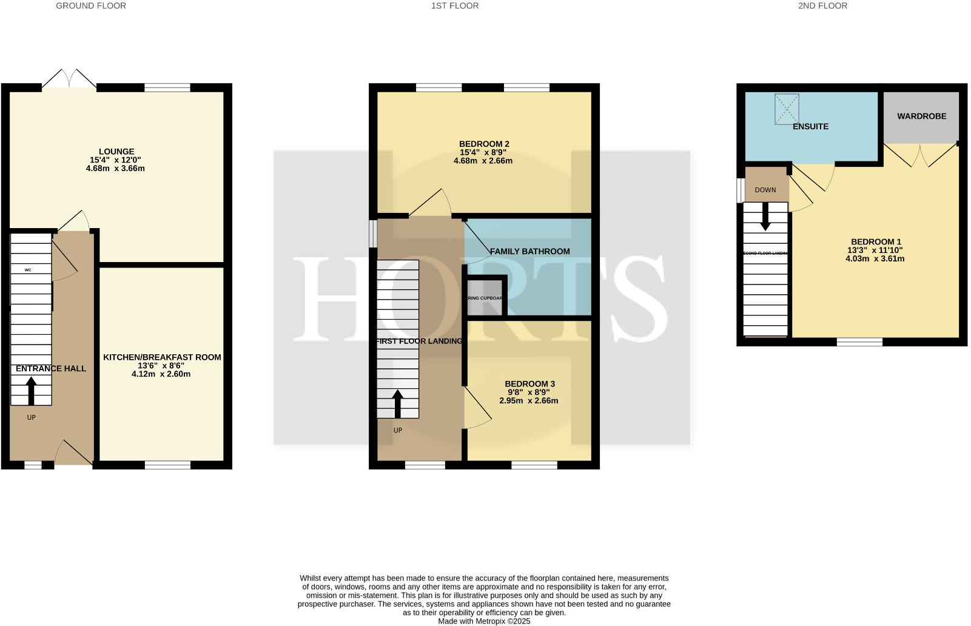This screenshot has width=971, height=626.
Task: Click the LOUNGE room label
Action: click(116, 152)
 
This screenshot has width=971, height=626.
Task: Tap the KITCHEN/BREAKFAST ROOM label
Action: click(162, 357)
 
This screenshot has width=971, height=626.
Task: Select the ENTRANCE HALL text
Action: click(51, 368)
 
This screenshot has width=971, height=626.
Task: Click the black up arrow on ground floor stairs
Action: click(31, 390)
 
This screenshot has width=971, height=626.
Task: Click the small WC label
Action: click(28, 270)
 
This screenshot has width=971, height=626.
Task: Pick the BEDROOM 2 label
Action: click(484, 144)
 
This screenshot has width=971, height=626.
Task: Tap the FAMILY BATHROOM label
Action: click(529, 251)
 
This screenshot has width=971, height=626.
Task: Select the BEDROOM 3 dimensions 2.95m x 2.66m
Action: click(529, 400)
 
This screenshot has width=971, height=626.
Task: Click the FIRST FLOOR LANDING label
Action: click(419, 341)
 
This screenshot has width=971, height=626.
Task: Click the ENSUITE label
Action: click(810, 126)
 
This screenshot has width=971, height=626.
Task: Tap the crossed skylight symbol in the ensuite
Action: click(787, 109)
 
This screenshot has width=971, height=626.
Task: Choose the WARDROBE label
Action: click(921, 116)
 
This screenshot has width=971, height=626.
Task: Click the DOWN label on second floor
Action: click(765, 190)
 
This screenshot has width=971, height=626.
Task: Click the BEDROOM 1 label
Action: click(876, 241)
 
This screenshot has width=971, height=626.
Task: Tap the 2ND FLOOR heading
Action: click(822, 5)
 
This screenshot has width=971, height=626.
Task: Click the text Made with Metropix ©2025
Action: click(484, 621)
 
